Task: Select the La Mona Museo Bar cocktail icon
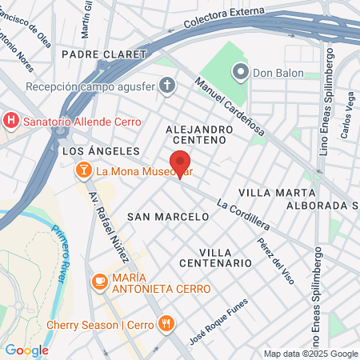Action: click(83, 170)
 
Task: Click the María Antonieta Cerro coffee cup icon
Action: click(100, 281)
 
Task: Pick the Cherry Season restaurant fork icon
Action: click(166, 324)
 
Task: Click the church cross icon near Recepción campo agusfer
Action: click(166, 85)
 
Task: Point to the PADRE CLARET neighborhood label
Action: click(103, 54)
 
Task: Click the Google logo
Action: click(26, 350)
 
